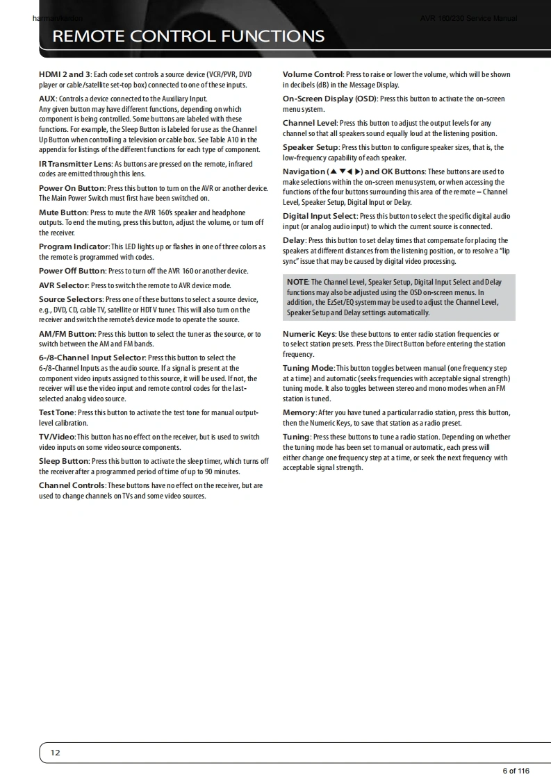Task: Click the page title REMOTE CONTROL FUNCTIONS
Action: pos(188,36)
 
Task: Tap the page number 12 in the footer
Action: pos(56,753)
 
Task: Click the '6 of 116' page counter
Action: pos(516,771)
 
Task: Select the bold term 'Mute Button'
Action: pos(63,212)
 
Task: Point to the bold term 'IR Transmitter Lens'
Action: pos(75,165)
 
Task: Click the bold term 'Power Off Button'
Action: pos(72,271)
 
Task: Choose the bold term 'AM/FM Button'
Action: pos(67,334)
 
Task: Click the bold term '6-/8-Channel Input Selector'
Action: pos(92,358)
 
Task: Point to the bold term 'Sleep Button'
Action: pos(64,461)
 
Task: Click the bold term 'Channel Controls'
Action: pos(72,485)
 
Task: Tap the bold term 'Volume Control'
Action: pos(313,74)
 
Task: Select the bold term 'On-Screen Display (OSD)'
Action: pos(329,99)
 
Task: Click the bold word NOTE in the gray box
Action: pos(297,282)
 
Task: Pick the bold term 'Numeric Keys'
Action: pos(309,334)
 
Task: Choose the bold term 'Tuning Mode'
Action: pos(308,368)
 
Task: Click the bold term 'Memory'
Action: pos(299,412)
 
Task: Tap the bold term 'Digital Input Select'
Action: pos(319,217)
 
